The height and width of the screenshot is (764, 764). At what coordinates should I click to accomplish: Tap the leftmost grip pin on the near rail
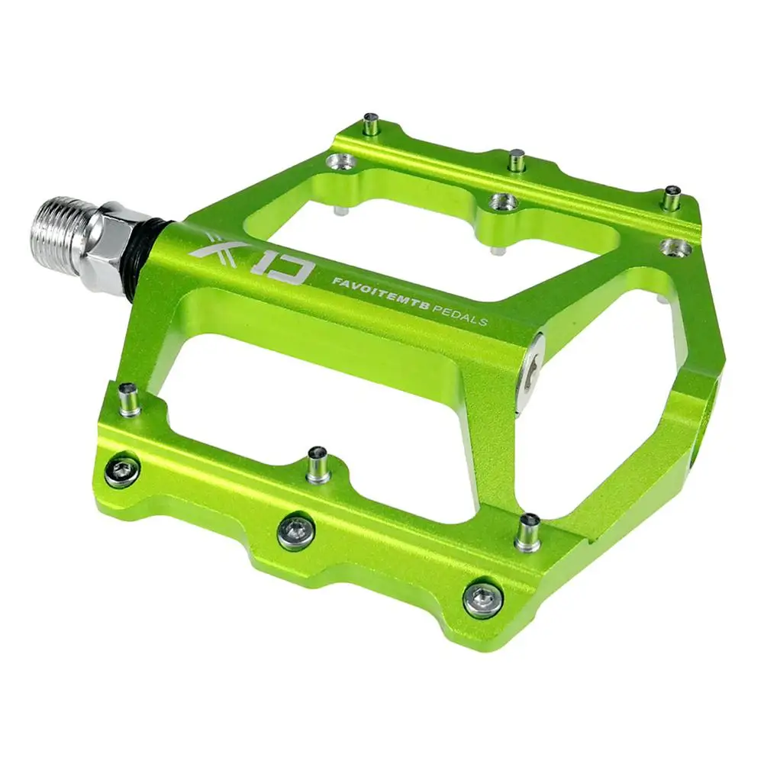[x=130, y=399]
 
